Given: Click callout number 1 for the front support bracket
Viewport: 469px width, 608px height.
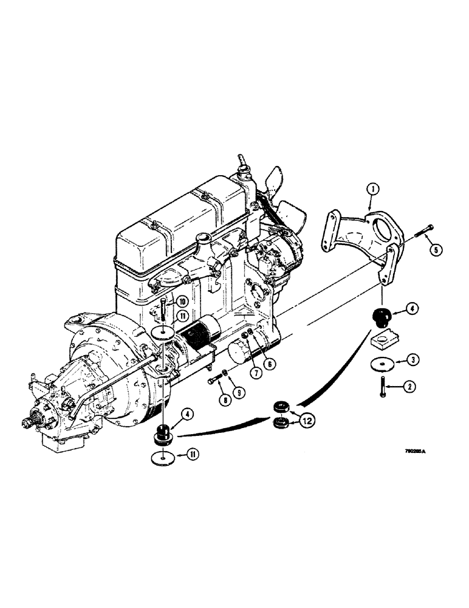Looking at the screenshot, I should [372, 190].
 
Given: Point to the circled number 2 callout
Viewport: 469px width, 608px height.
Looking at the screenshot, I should [411, 385].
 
